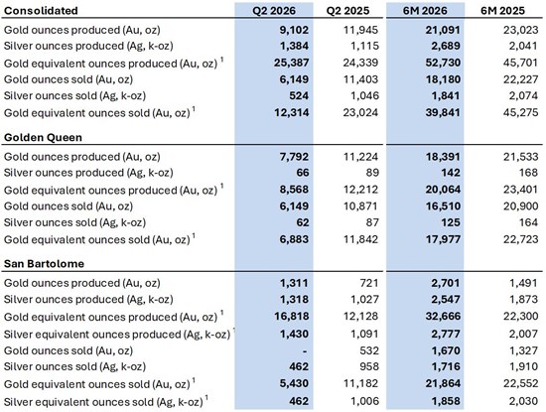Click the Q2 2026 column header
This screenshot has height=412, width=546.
point(274,11)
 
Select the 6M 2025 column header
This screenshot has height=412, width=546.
point(502,11)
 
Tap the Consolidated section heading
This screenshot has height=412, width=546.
point(41,11)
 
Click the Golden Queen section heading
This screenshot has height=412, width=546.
point(43,137)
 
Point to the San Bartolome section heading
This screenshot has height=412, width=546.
point(44,263)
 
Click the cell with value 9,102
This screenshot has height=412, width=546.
point(294,30)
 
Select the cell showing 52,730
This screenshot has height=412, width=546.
point(443,63)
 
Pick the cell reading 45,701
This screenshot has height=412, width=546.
point(520,63)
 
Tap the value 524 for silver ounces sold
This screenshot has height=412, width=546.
point(299,95)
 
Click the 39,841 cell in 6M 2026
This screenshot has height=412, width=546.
point(443,112)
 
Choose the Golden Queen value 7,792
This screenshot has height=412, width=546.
point(294,157)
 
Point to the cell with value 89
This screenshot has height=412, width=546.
point(372,173)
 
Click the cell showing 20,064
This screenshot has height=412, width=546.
point(443,190)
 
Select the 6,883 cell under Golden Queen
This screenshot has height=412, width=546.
point(294,239)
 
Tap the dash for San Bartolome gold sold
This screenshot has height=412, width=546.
point(305,350)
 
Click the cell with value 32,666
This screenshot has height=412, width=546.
point(443,316)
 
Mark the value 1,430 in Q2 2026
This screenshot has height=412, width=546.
point(294,334)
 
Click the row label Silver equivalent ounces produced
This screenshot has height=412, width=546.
point(117,334)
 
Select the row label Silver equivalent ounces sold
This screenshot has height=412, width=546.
point(103,401)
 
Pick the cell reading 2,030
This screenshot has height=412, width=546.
point(523,401)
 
